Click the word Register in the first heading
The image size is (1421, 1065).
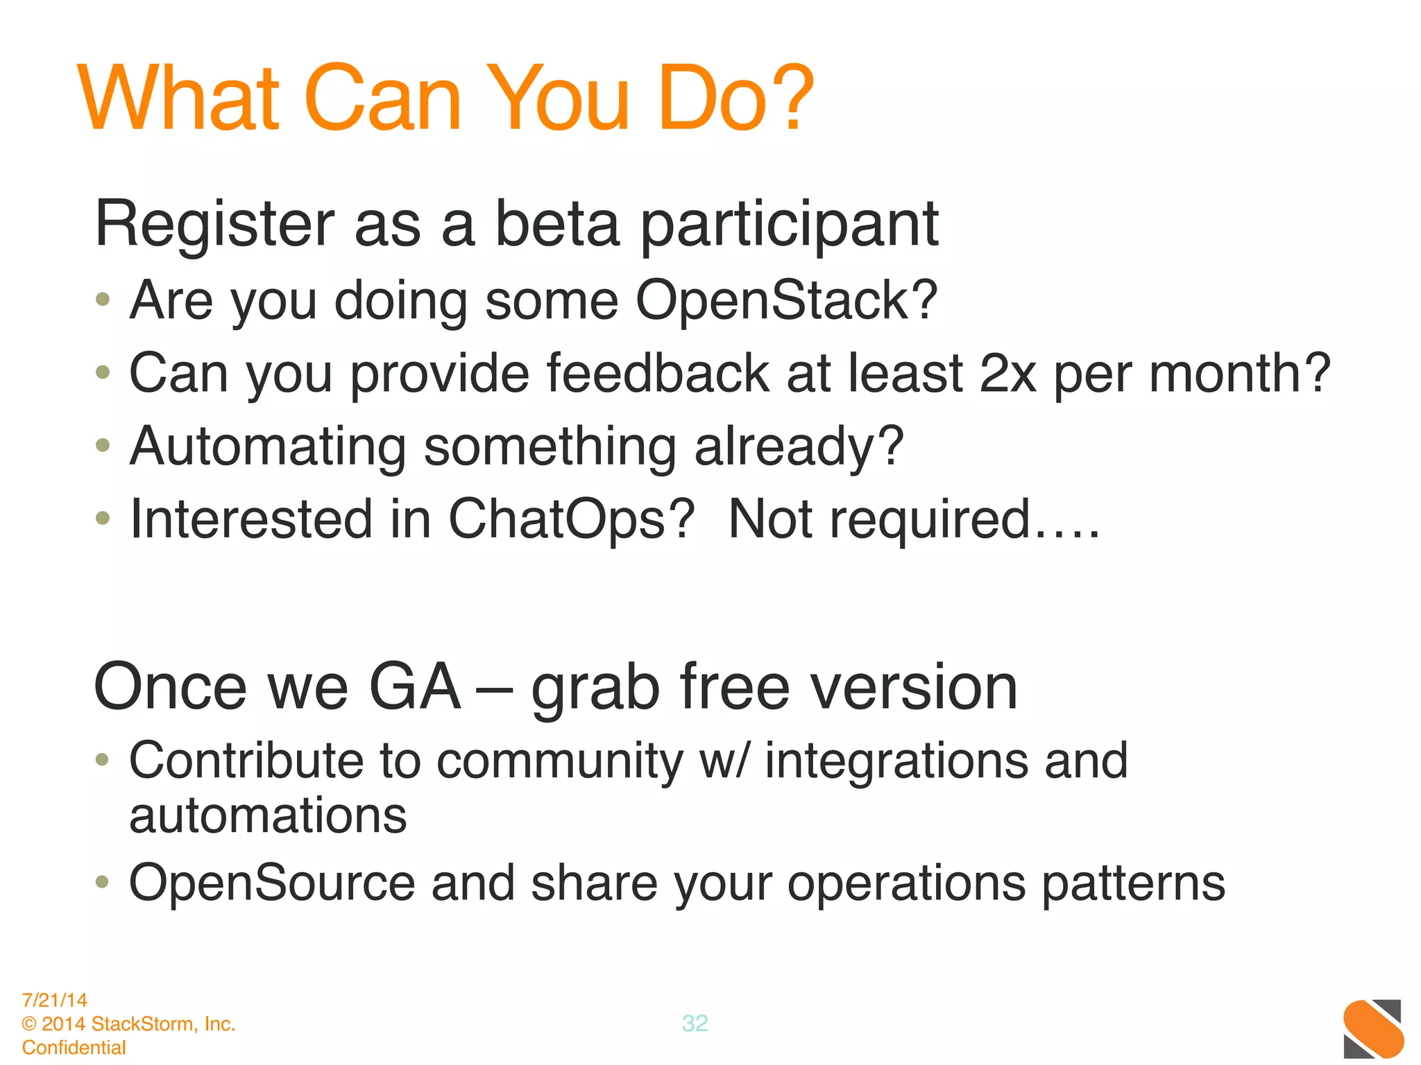click(214, 225)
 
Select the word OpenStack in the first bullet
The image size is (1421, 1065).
click(785, 301)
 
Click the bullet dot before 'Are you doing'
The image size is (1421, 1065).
click(103, 300)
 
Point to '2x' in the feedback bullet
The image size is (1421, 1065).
click(1007, 374)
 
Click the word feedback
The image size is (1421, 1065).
click(658, 374)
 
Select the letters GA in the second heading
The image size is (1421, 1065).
click(415, 687)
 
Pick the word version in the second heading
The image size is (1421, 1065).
click(914, 687)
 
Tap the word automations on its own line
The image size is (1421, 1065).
click(268, 816)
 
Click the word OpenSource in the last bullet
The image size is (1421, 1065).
click(272, 883)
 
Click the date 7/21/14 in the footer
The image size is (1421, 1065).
click(55, 1000)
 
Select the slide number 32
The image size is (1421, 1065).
click(695, 1023)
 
